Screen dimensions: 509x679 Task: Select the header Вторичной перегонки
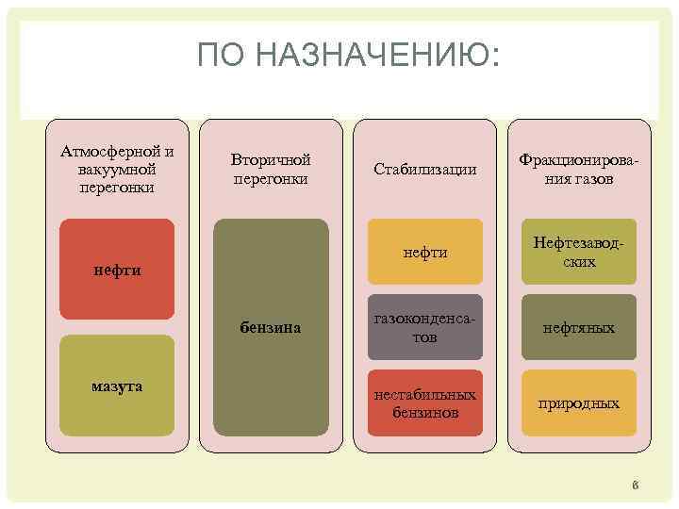click(x=271, y=169)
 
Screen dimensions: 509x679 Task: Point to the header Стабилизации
click(x=425, y=170)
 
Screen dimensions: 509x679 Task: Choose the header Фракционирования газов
click(x=579, y=169)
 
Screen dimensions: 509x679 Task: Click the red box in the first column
click(x=117, y=270)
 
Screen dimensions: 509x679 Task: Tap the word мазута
click(x=118, y=386)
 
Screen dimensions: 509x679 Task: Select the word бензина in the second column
click(x=271, y=327)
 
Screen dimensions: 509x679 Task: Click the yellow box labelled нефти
click(x=425, y=252)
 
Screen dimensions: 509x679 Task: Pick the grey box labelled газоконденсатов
click(x=425, y=328)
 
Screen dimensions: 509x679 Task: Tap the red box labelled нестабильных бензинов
click(x=425, y=403)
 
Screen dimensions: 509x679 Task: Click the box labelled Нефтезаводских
click(x=579, y=252)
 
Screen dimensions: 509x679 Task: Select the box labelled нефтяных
click(x=579, y=328)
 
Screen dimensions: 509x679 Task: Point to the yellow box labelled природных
click(x=579, y=403)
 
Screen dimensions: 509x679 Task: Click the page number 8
click(x=636, y=486)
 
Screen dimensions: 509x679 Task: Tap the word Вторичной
click(x=271, y=159)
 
